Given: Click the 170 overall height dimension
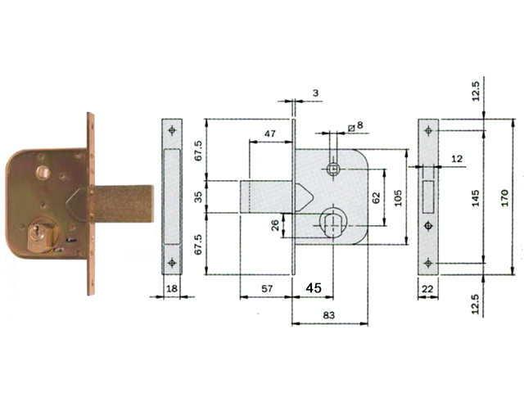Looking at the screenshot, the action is click(x=504, y=198).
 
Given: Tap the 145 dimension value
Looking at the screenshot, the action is click(x=476, y=198).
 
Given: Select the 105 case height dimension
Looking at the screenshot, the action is click(x=398, y=198).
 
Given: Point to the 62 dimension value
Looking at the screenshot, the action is click(x=376, y=198).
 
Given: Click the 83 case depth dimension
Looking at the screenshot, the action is click(x=328, y=315).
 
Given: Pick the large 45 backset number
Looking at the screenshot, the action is click(x=314, y=287).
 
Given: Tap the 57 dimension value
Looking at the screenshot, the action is click(x=267, y=288).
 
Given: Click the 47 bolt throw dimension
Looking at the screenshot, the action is click(x=270, y=133).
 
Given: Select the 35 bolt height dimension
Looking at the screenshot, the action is click(x=198, y=196).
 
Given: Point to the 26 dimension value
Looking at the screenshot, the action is click(x=275, y=225).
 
